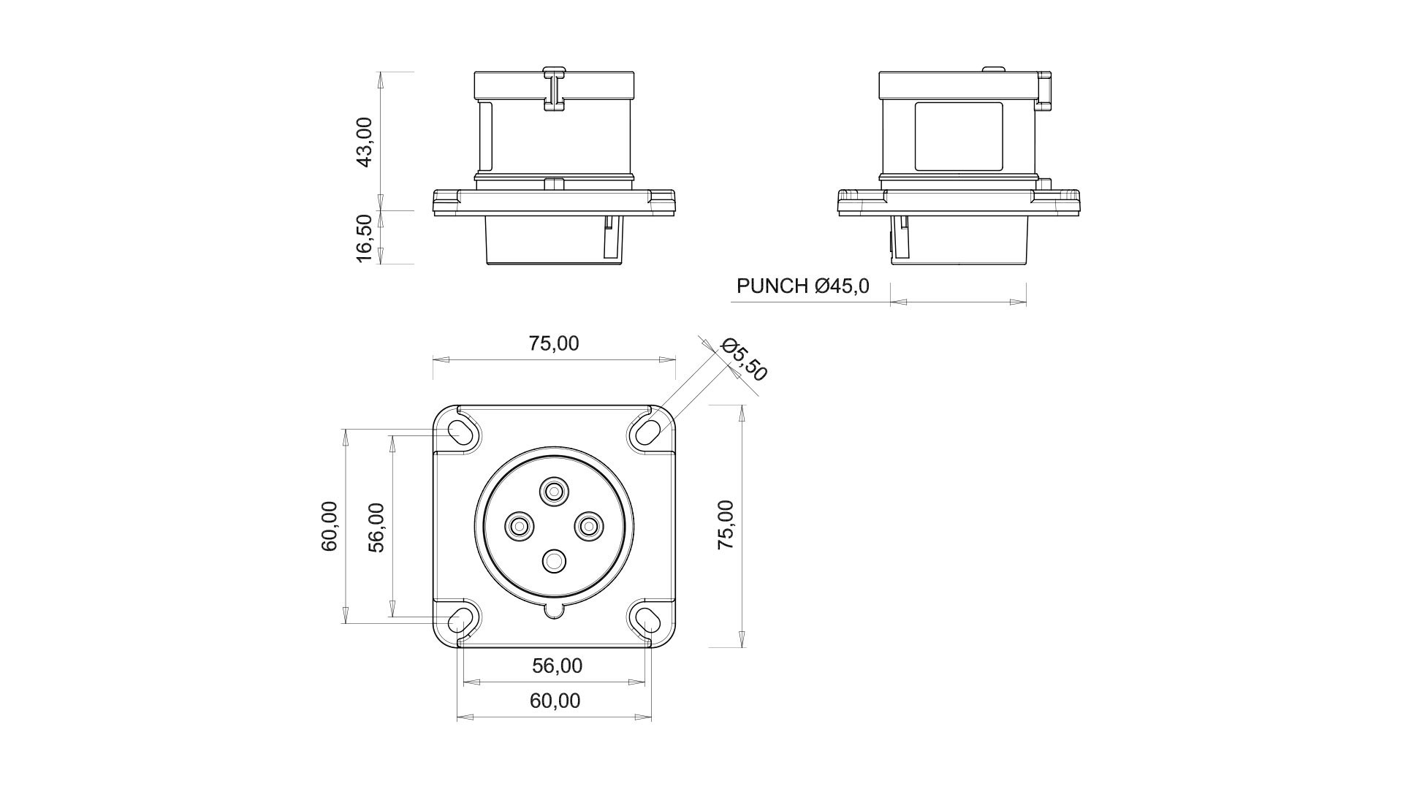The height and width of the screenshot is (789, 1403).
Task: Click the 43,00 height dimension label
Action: (x=364, y=142)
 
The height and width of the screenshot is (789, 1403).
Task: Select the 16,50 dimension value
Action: (x=364, y=237)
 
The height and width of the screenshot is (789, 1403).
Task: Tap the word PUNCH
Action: (x=772, y=286)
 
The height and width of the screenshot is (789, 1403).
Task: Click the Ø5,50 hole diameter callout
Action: (x=744, y=359)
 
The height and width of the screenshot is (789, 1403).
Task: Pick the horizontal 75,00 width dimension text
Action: (x=554, y=343)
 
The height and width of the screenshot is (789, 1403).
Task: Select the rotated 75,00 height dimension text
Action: (x=726, y=525)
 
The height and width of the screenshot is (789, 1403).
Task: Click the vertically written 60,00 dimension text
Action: (x=330, y=525)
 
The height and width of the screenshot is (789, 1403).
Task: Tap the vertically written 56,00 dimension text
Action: (x=376, y=527)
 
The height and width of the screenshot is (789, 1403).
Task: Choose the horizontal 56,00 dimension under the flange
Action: (x=557, y=666)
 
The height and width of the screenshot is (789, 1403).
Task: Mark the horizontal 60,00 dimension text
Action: (x=555, y=701)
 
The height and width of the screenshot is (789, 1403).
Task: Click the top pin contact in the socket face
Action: (x=555, y=491)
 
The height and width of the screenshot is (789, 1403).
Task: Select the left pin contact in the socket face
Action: (x=520, y=525)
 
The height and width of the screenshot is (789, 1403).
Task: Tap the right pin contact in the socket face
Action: (x=589, y=525)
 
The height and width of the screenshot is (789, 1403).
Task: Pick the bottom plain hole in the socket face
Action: (x=555, y=561)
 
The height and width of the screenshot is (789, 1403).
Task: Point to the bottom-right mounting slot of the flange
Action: (x=647, y=620)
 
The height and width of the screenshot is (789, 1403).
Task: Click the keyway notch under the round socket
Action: (x=555, y=611)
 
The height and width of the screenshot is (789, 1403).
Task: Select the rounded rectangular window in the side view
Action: (x=959, y=137)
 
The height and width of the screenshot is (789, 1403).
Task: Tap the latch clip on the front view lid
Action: (x=554, y=89)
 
